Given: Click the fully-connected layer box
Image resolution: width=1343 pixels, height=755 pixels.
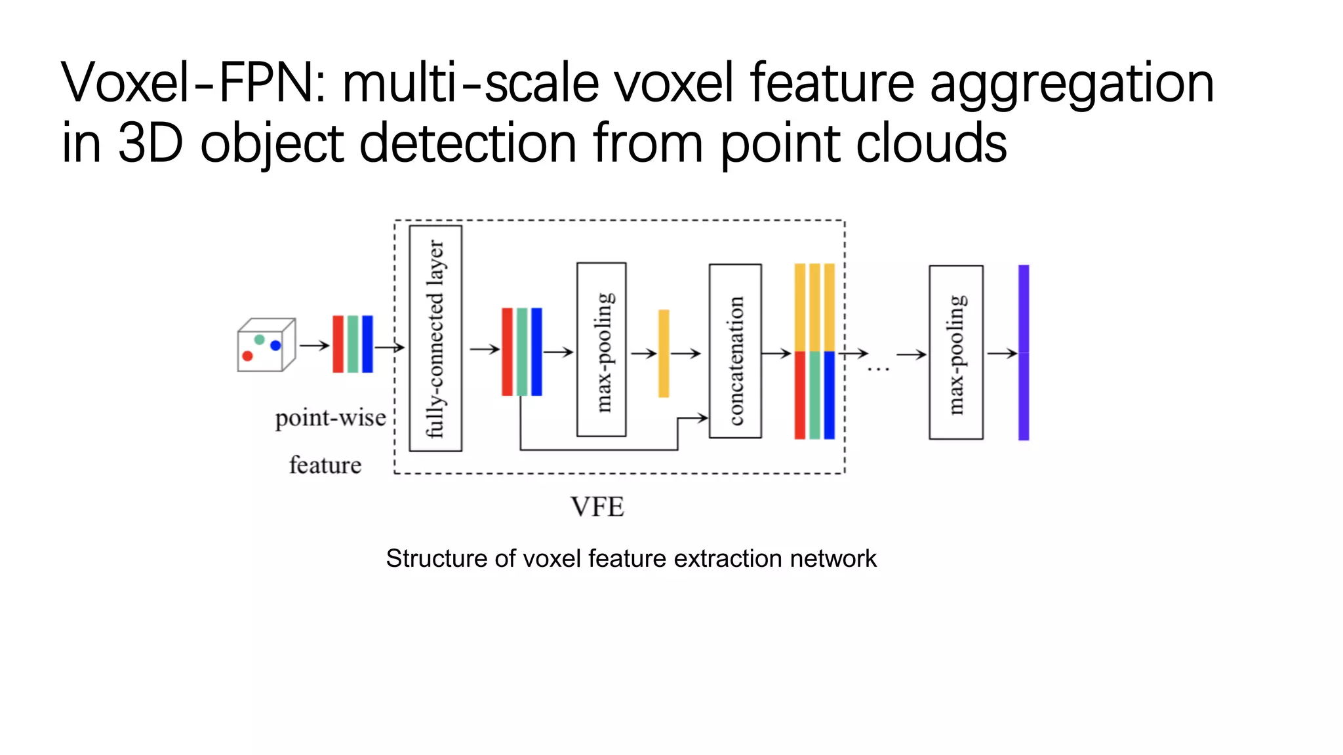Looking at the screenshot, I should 435,338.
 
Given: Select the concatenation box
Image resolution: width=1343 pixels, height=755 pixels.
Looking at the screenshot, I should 735,351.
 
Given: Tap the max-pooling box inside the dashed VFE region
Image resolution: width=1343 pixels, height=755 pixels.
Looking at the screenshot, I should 601,350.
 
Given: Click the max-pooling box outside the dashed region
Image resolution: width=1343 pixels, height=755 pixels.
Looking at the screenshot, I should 955,353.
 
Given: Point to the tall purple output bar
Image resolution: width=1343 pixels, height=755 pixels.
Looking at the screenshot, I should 1023,353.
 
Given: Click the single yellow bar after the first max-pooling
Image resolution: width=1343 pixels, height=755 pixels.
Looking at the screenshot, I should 664,353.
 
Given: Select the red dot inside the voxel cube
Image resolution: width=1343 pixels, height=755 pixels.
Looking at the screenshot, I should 247,356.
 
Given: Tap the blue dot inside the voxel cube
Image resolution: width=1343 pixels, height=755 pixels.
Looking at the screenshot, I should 275,345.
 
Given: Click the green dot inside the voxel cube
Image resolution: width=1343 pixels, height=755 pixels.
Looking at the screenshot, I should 260,339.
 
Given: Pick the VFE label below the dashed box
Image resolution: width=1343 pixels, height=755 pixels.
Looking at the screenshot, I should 597,507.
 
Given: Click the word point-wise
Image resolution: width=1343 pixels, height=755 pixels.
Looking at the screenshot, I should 331,418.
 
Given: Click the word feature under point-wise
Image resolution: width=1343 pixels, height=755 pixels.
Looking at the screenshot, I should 325,465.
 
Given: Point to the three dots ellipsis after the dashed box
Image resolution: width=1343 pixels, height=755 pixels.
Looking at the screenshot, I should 878,370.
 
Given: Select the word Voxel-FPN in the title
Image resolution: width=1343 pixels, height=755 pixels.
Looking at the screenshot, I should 194,83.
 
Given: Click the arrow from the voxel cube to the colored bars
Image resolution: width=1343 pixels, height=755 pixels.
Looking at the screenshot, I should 314,345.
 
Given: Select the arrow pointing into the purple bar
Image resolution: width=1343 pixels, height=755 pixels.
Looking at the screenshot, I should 1002,353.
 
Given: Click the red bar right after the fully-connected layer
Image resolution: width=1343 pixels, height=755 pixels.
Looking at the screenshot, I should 507,352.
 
